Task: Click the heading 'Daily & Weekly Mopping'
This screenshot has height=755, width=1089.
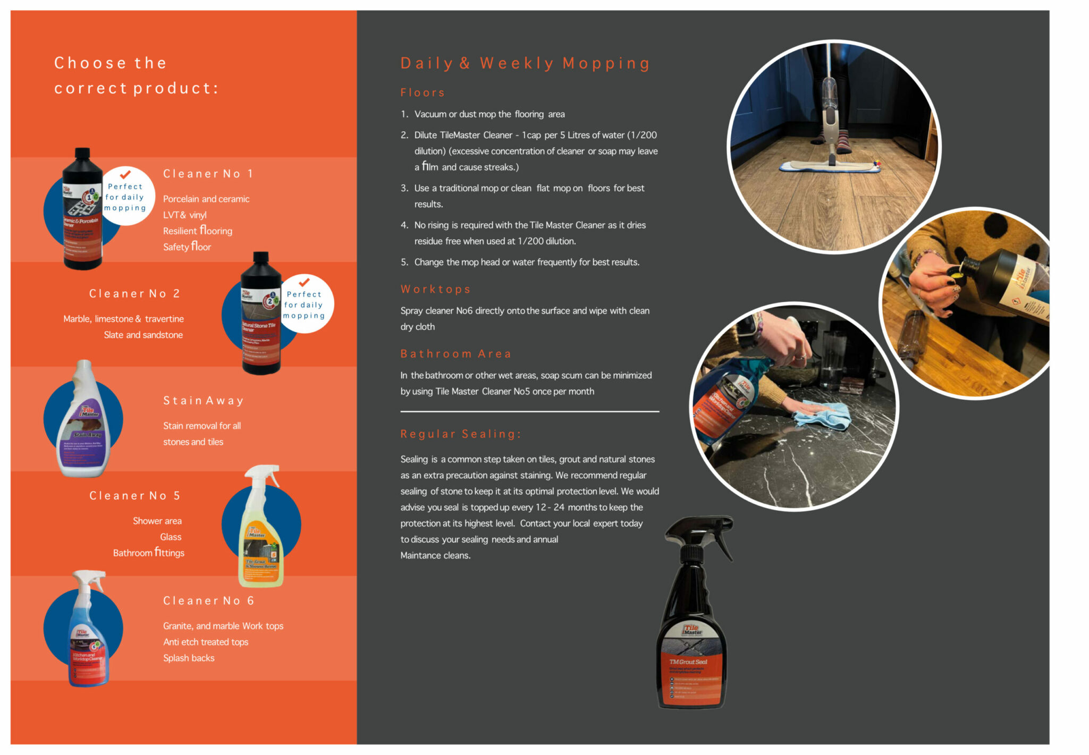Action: click(x=525, y=63)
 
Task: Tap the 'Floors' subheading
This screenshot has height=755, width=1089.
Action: click(x=423, y=92)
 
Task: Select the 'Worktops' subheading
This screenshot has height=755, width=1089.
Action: click(x=435, y=289)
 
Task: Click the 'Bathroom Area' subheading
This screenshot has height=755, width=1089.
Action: click(x=455, y=354)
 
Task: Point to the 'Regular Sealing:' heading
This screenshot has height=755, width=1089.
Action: click(x=461, y=434)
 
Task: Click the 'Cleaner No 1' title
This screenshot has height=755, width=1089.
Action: click(x=208, y=174)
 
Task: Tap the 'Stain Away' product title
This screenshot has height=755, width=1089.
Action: click(x=204, y=401)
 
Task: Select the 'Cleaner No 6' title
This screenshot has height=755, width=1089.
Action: click(x=208, y=601)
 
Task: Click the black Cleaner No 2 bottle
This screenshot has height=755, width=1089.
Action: click(x=260, y=319)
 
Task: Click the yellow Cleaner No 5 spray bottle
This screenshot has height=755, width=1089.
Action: click(x=260, y=537)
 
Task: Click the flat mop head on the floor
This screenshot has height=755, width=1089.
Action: click(x=829, y=167)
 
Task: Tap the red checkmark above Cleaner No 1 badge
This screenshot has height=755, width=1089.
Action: click(x=125, y=174)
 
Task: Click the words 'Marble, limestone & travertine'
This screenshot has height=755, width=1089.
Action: click(x=123, y=319)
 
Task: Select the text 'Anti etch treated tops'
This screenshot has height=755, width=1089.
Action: click(x=206, y=642)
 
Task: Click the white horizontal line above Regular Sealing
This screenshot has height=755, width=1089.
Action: click(x=529, y=411)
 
